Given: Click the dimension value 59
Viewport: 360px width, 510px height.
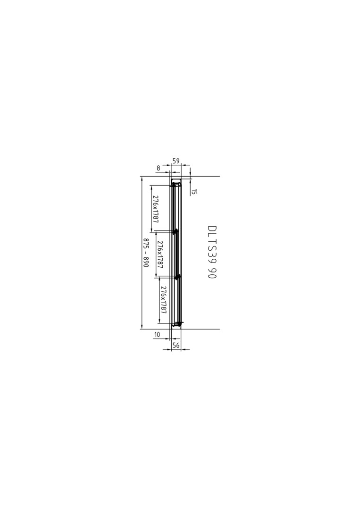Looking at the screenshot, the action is pyautogui.click(x=176, y=161).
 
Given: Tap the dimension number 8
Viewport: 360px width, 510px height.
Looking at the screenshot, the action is pyautogui.click(x=158, y=168).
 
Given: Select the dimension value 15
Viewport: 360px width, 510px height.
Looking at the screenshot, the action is pyautogui.click(x=194, y=192).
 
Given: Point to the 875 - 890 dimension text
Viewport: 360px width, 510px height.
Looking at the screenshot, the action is pyautogui.click(x=146, y=253).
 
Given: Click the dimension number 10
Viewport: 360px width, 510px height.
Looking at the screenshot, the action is pyautogui.click(x=157, y=334).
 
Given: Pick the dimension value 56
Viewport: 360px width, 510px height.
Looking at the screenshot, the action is pyautogui.click(x=176, y=345).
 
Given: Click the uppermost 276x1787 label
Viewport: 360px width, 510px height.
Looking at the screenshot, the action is pyautogui.click(x=155, y=209).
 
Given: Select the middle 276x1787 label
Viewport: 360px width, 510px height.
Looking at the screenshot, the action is pyautogui.click(x=159, y=255).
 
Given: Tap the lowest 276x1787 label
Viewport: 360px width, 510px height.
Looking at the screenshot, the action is pyautogui.click(x=163, y=300).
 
